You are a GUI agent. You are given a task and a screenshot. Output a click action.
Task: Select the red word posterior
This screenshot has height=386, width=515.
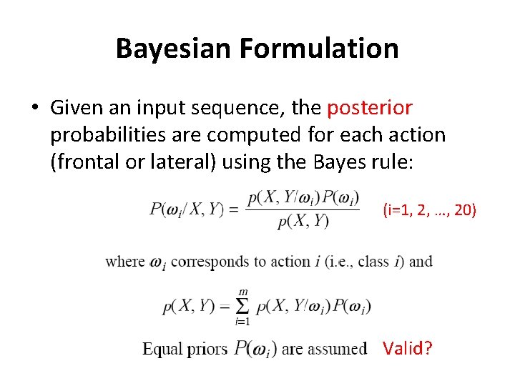370,108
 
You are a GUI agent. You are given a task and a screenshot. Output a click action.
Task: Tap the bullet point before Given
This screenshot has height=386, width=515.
34,109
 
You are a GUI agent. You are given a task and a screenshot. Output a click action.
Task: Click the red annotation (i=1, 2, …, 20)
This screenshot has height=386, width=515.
429,209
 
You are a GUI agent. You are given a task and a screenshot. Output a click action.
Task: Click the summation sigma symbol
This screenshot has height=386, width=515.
243,306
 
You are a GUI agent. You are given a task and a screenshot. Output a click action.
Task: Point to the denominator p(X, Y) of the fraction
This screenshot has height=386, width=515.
303,222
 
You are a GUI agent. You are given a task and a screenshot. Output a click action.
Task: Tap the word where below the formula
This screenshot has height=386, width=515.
124,261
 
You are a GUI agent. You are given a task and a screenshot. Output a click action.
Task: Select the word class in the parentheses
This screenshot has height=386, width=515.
373,261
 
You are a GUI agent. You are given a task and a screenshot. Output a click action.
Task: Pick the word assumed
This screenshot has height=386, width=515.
338,349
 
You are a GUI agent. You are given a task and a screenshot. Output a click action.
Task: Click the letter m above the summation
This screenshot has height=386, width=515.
243,291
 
